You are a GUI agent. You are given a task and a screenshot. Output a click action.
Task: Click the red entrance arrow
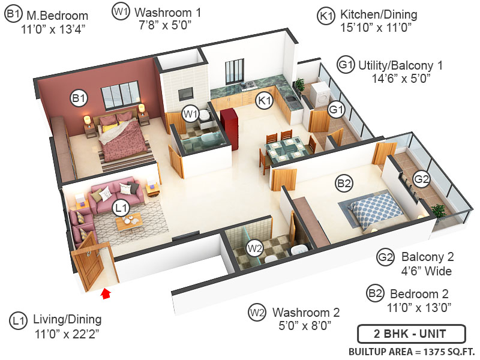tap(106, 293)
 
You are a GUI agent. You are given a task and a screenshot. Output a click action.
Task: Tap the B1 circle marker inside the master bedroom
tap(79, 98)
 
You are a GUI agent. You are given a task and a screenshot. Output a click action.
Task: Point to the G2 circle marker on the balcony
tap(422, 178)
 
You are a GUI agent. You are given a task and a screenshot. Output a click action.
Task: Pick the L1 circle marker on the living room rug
tap(121, 208)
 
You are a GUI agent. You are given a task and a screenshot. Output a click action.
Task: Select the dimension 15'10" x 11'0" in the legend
tap(371, 27)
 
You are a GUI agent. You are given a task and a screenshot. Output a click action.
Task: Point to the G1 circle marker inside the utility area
tap(336, 110)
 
